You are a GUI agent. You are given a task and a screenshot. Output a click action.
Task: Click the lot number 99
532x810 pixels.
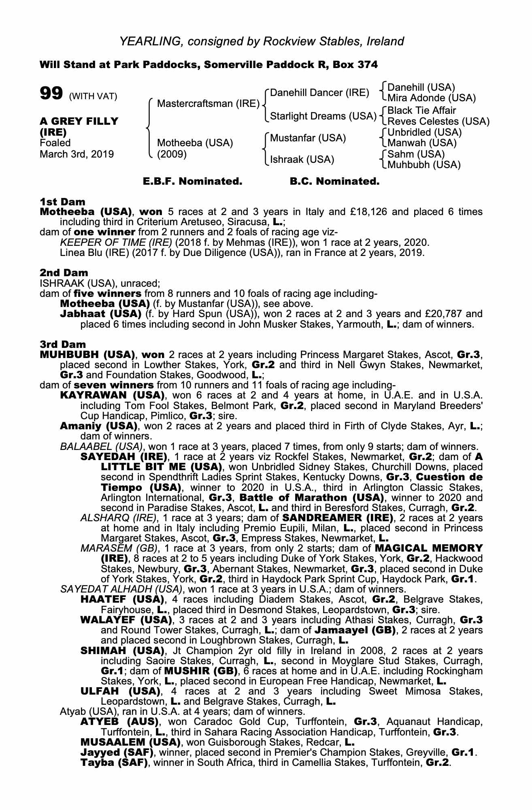pos(51,94)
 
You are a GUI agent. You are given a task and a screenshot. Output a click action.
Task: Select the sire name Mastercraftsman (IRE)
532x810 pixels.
pos(208,104)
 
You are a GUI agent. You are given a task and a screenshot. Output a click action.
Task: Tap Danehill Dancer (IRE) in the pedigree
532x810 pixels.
pos(319,93)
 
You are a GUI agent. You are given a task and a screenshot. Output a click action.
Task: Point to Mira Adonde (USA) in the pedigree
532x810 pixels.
pos(432,98)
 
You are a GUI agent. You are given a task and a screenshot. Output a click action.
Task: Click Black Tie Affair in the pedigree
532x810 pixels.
pos(421,111)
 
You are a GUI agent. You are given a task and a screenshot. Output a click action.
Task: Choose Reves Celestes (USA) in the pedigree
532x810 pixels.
pos(438,121)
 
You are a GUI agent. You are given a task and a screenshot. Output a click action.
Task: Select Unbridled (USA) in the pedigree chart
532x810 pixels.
pos(425,132)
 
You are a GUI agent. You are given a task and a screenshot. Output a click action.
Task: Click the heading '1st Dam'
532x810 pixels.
pos(62,202)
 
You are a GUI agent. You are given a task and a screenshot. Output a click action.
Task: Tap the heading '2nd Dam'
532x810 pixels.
pos(64,273)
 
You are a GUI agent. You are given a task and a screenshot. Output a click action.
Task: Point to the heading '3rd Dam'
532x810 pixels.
pos(63,344)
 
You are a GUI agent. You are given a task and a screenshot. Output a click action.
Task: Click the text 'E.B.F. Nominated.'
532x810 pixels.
pos(193,181)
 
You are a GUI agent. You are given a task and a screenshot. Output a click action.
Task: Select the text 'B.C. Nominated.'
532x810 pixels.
pos(335,181)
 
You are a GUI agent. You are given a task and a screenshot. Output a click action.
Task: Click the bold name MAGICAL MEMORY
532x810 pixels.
pos(429,548)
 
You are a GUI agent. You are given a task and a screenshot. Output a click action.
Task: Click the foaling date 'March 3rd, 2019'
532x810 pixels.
pos(77,154)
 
